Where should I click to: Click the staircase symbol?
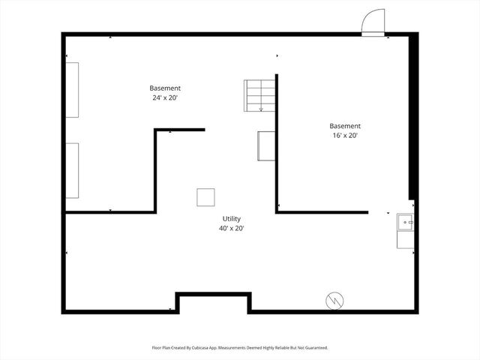pyautogui.click(x=260, y=95)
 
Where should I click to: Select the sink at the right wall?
pyautogui.click(x=405, y=221)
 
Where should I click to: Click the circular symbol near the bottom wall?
pyautogui.click(x=334, y=301)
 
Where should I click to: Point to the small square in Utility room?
pyautogui.click(x=206, y=197)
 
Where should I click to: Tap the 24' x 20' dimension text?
pyautogui.click(x=165, y=97)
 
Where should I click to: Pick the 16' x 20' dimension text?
pyautogui.click(x=345, y=136)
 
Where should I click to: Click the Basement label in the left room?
pyautogui.click(x=165, y=88)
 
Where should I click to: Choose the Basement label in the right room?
pyautogui.click(x=345, y=126)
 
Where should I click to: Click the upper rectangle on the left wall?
pyautogui.click(x=72, y=89)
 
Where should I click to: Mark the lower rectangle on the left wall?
pyautogui.click(x=72, y=170)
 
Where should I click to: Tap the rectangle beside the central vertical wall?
pyautogui.click(x=266, y=145)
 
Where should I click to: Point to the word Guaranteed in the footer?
pyautogui.click(x=315, y=348)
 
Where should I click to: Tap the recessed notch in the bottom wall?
pyautogui.click(x=212, y=301)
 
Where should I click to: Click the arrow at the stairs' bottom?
pyautogui.click(x=261, y=109)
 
